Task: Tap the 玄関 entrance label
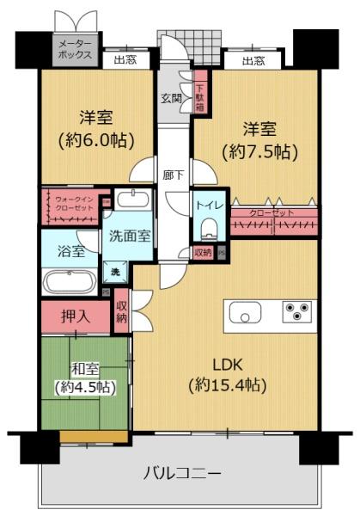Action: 169,98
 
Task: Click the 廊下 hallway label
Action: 172,175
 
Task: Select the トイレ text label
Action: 206,206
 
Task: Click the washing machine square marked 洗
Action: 114,272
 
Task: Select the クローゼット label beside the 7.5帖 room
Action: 272,212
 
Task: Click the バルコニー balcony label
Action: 181,471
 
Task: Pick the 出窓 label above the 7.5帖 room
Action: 252,61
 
